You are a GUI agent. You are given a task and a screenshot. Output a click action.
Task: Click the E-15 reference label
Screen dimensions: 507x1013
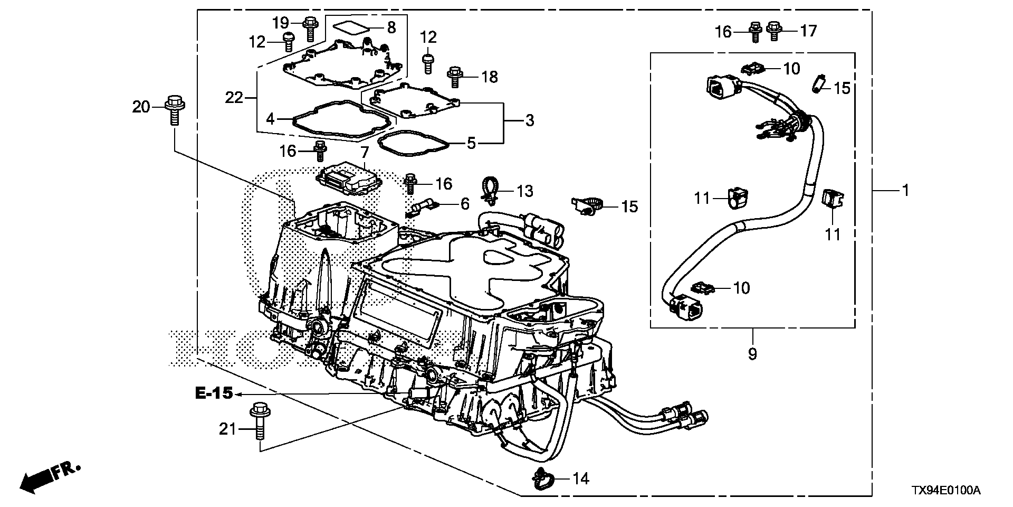click(214, 394)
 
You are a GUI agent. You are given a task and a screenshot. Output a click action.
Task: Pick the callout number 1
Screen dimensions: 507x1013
click(905, 190)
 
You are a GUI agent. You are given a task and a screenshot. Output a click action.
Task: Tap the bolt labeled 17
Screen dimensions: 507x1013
click(774, 31)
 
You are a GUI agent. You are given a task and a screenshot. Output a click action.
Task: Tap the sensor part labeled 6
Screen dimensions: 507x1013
click(422, 208)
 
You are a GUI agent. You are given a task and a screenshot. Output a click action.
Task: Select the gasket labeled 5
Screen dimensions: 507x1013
click(412, 143)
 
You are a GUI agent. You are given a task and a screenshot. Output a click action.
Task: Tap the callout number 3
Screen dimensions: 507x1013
click(529, 120)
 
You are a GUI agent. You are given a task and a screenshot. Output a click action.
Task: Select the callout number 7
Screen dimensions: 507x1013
click(364, 153)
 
